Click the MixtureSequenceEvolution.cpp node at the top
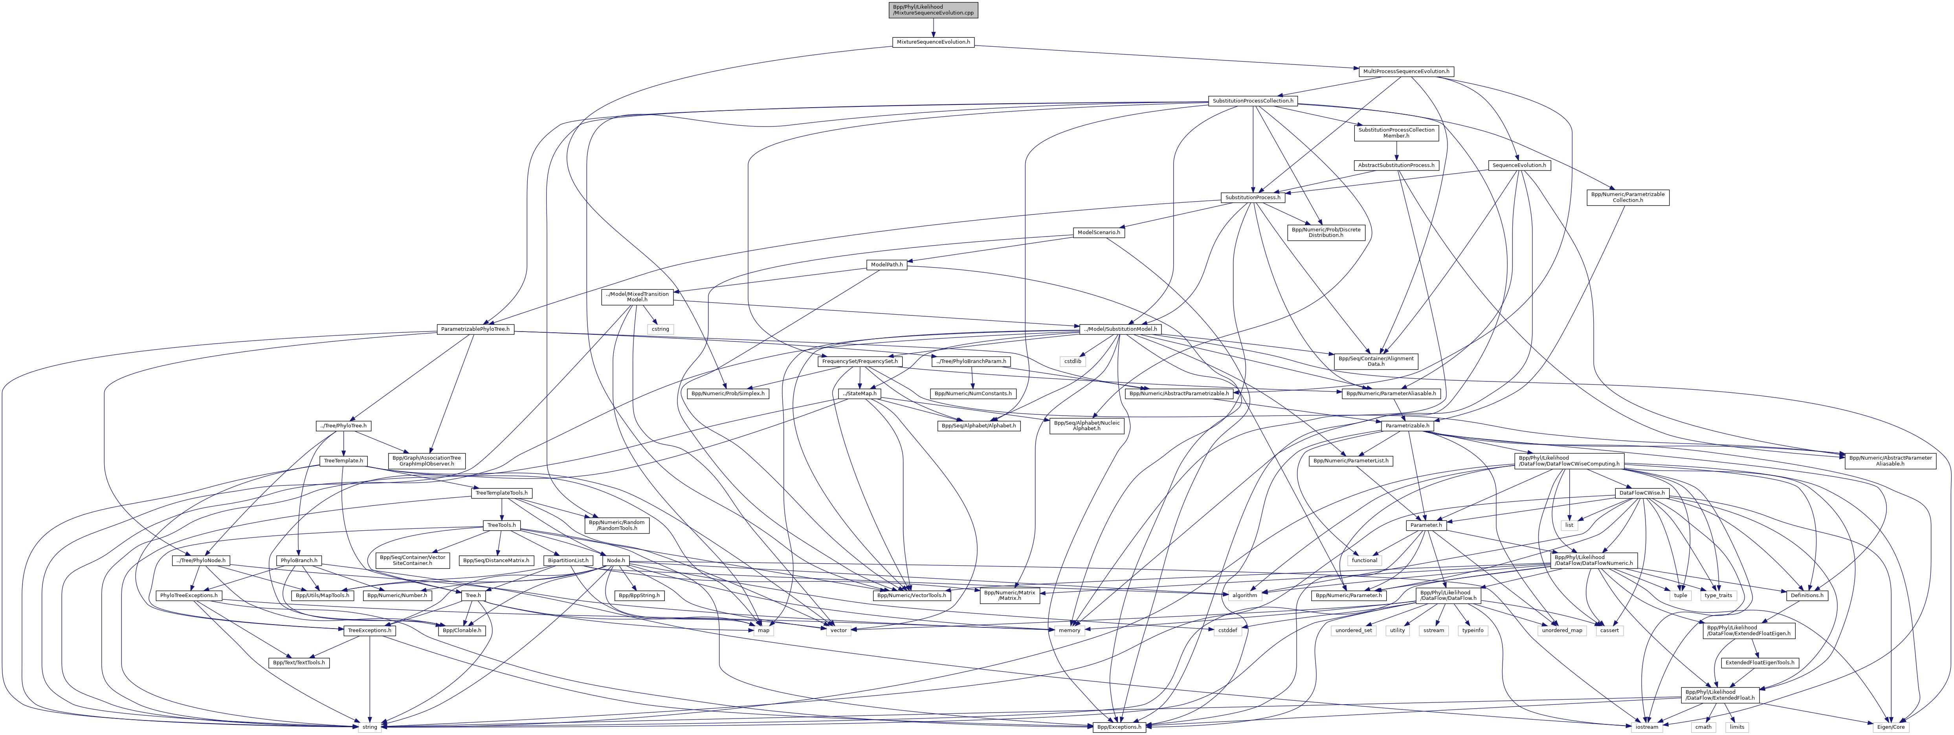point(933,10)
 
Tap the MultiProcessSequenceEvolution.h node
point(1405,71)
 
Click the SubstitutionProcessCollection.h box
point(1252,101)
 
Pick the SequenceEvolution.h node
point(1519,165)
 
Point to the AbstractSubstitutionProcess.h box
point(1396,165)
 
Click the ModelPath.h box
point(887,265)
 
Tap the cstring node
point(660,329)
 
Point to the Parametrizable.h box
point(1407,426)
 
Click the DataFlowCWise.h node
point(1642,493)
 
